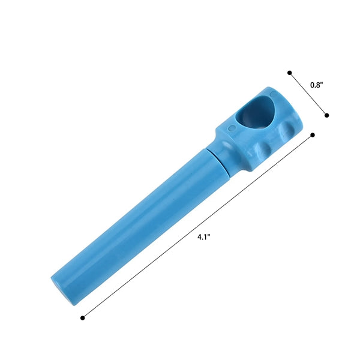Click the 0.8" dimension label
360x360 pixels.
click(x=317, y=85)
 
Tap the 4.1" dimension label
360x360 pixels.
click(x=204, y=237)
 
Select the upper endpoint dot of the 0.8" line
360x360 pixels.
click(x=290, y=73)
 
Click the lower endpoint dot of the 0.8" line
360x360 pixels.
click(x=327, y=115)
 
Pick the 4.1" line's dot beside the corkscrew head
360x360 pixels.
click(x=313, y=135)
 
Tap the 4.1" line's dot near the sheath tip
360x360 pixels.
click(x=83, y=318)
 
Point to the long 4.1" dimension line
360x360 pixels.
click(x=197, y=226)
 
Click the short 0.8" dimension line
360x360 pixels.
click(x=308, y=94)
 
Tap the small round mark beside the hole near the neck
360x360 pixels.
click(x=233, y=128)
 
